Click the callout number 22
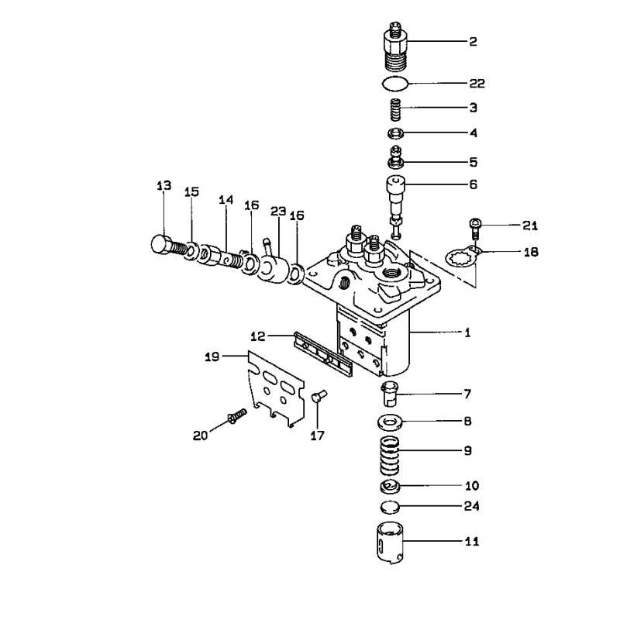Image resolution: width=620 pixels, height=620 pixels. click(x=477, y=84)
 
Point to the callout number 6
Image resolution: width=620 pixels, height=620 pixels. click(x=473, y=184)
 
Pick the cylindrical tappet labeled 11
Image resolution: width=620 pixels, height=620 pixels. click(x=390, y=542)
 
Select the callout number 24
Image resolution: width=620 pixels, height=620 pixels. click(x=471, y=506)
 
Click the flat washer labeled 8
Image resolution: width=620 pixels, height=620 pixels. click(x=390, y=422)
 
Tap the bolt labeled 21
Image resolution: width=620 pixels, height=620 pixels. click(x=475, y=229)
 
